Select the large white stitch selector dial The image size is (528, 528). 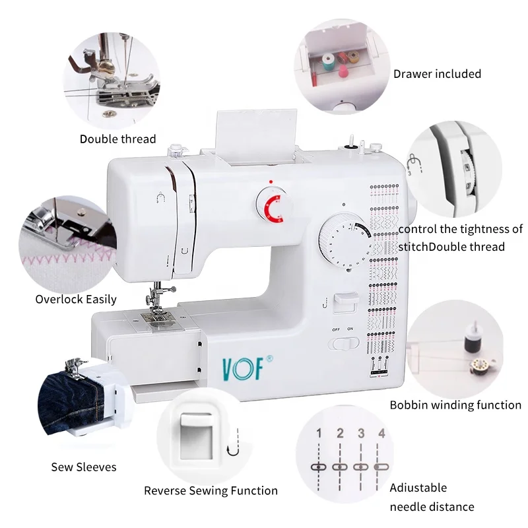[344, 242]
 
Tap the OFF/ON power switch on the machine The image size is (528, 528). [343, 343]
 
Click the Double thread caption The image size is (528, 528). [117, 139]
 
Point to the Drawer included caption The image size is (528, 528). [437, 74]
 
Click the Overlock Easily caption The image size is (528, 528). [76, 299]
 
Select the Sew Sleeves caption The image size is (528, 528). [84, 467]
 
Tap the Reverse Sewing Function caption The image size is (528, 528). [211, 490]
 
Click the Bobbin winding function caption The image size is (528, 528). [455, 405]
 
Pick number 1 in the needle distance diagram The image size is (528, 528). [319, 434]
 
